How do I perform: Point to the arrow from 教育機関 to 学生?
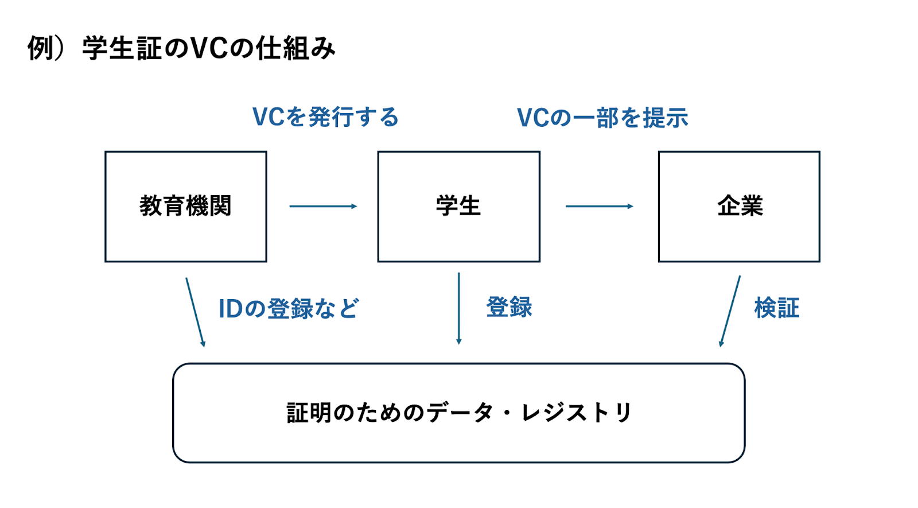tap(324, 206)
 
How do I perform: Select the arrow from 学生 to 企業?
tap(600, 206)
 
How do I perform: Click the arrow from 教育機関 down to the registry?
tap(195, 312)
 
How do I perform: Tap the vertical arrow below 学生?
tap(458, 308)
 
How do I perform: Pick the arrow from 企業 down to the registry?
tap(730, 311)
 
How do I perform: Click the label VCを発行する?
tap(325, 117)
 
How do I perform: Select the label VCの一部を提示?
tap(602, 118)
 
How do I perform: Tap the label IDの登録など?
tap(289, 308)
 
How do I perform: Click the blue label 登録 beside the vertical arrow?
tap(509, 307)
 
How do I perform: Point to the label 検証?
tap(777, 308)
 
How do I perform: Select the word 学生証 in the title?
tap(122, 48)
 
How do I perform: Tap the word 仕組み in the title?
tap(295, 48)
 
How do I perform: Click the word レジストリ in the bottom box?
tap(576, 413)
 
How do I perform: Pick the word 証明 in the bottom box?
tap(309, 413)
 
